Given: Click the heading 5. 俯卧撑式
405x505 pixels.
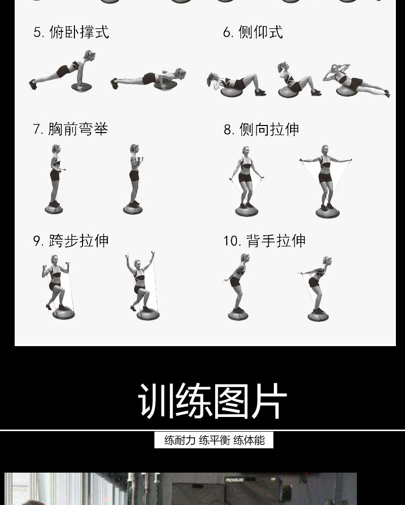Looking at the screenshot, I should click(71, 33).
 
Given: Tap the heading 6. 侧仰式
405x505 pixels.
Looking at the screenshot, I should click(253, 33).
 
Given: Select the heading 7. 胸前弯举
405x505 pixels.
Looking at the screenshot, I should click(70, 130).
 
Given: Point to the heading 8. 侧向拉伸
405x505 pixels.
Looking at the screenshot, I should click(261, 130).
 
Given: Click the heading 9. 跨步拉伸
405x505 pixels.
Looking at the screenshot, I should click(71, 241).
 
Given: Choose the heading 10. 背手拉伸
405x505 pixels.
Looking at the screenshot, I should click(264, 241).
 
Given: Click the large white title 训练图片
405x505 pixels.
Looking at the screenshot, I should click(212, 401).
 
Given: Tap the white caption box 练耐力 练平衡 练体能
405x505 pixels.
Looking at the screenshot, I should click(214, 440).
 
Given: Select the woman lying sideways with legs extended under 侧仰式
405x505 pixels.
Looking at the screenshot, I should click(357, 81).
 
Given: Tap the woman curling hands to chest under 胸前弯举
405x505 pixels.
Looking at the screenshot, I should click(134, 172).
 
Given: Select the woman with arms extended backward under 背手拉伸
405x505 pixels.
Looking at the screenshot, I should click(317, 283).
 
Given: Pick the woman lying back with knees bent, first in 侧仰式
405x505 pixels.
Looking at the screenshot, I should click(235, 83).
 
